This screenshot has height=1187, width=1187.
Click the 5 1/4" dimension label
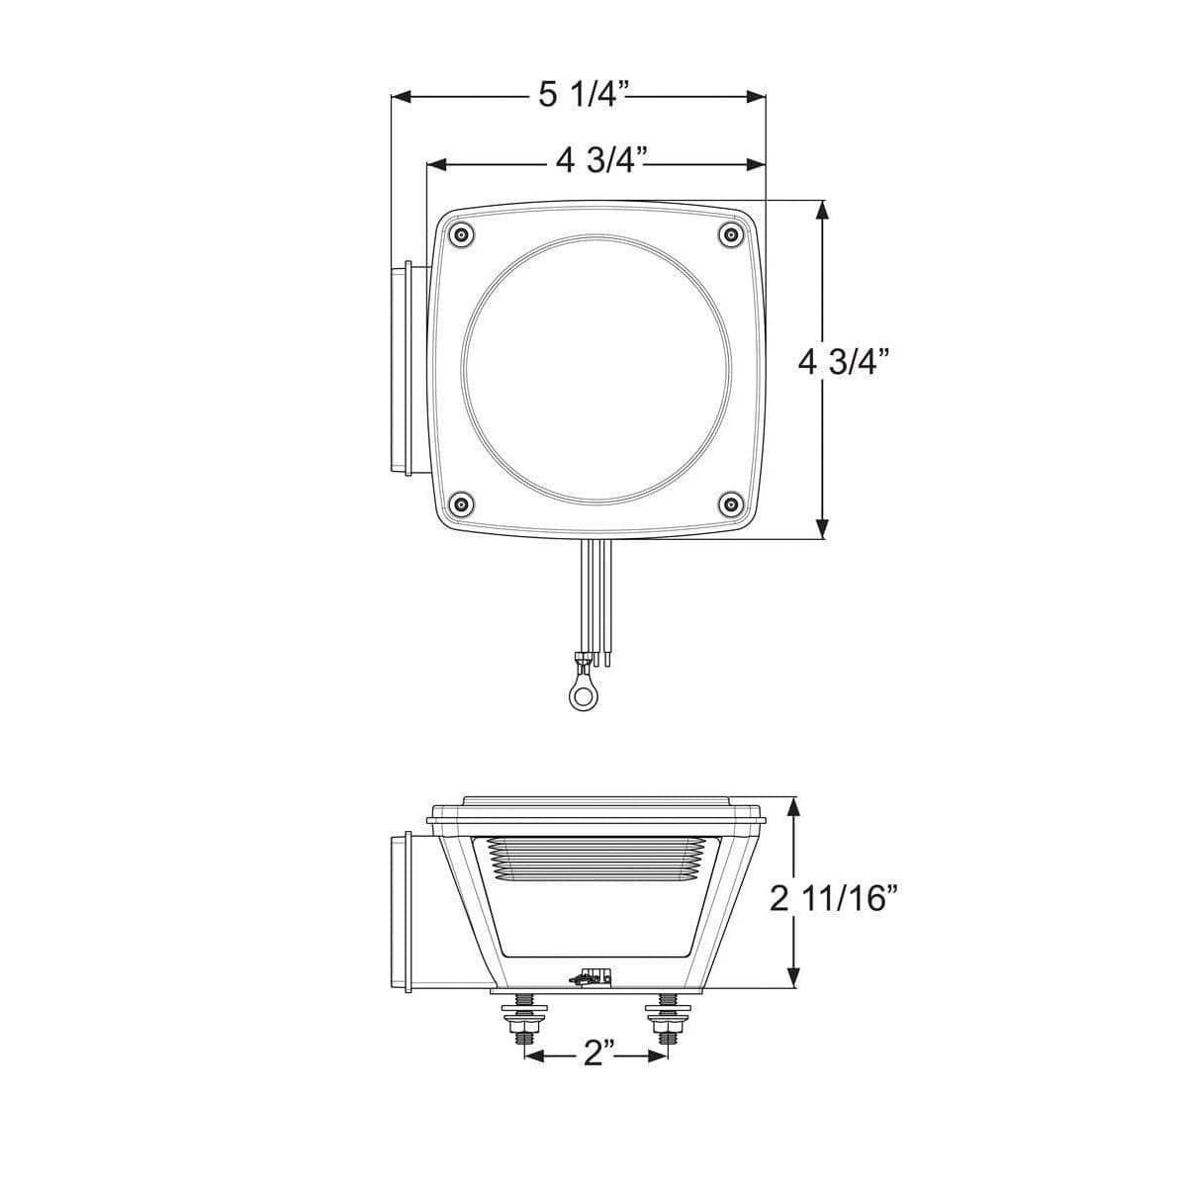(x=583, y=95)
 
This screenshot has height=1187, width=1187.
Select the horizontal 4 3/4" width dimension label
(x=601, y=161)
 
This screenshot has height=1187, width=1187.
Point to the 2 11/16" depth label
(x=835, y=898)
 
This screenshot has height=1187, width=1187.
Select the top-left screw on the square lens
(x=460, y=235)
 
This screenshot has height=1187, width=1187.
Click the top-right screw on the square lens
(x=731, y=235)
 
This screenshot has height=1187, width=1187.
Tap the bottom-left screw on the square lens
(x=460, y=505)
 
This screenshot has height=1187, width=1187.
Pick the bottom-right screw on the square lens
(x=731, y=505)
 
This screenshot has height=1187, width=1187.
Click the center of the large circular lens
(x=596, y=370)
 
